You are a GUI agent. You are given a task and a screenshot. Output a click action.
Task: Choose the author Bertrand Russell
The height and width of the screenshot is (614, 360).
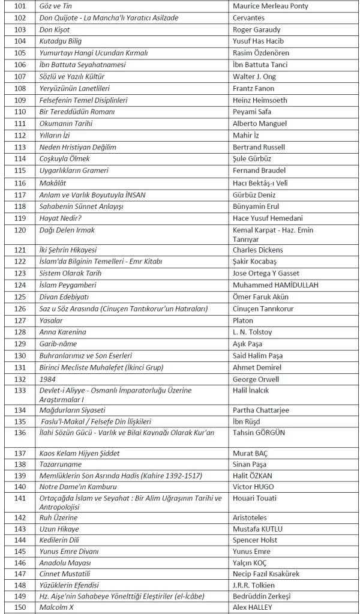259,147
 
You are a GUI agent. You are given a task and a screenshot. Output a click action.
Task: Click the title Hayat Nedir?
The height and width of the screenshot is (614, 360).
61,218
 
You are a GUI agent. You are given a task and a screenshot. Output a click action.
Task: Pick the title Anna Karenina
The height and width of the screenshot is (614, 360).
63,332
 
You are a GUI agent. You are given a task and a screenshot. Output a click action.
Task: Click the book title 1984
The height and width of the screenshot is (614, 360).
47,379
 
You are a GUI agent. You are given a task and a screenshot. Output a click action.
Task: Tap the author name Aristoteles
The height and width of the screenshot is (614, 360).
250,517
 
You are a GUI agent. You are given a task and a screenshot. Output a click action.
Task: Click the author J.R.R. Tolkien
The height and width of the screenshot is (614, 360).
254,585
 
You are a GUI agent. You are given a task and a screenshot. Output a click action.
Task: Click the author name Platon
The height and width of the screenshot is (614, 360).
243,321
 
